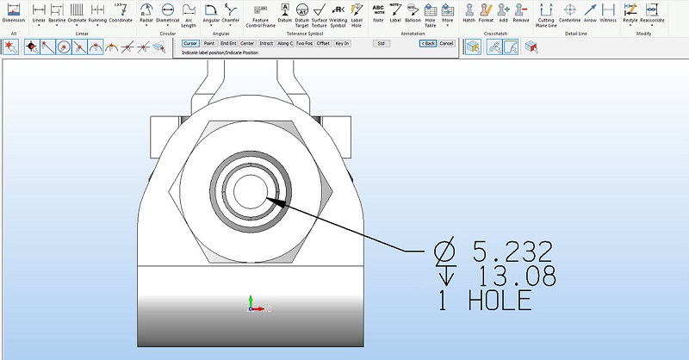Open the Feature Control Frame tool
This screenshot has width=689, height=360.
pos(260,14)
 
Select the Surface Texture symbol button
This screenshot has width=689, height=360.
pos(319,14)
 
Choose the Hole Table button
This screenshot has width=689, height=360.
pos(430,14)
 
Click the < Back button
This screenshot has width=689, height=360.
pos(427,42)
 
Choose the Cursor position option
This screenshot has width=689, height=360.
pos(190,42)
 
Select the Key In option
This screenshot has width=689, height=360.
pos(342,42)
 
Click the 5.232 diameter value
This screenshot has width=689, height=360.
pos(512,252)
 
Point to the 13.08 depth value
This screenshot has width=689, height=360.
pos(514,276)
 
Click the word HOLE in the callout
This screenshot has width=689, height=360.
pos(500,301)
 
